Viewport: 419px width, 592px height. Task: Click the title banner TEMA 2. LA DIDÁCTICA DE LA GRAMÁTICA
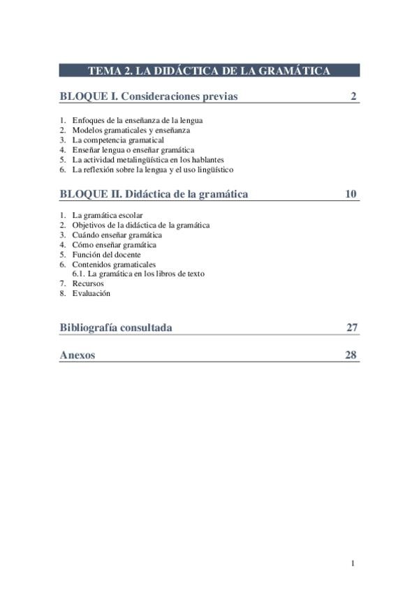[209, 71]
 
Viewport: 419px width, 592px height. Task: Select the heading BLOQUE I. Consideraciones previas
[148, 96]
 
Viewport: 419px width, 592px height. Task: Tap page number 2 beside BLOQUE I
[354, 96]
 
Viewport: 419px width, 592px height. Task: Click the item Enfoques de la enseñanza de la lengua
[137, 120]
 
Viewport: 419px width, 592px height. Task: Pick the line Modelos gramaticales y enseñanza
[131, 130]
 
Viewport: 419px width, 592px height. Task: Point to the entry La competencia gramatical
[118, 140]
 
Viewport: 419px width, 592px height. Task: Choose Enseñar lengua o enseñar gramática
[133, 149]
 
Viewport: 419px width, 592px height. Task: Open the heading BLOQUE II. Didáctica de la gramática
[154, 194]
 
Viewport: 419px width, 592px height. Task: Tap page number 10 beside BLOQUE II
[351, 194]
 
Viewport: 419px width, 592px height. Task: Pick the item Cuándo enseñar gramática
[117, 235]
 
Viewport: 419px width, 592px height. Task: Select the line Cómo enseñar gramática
[114, 245]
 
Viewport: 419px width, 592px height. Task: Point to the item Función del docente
[106, 255]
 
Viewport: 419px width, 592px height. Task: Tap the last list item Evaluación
[91, 293]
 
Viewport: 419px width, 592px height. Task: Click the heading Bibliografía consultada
[116, 327]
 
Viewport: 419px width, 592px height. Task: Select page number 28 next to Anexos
[351, 355]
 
